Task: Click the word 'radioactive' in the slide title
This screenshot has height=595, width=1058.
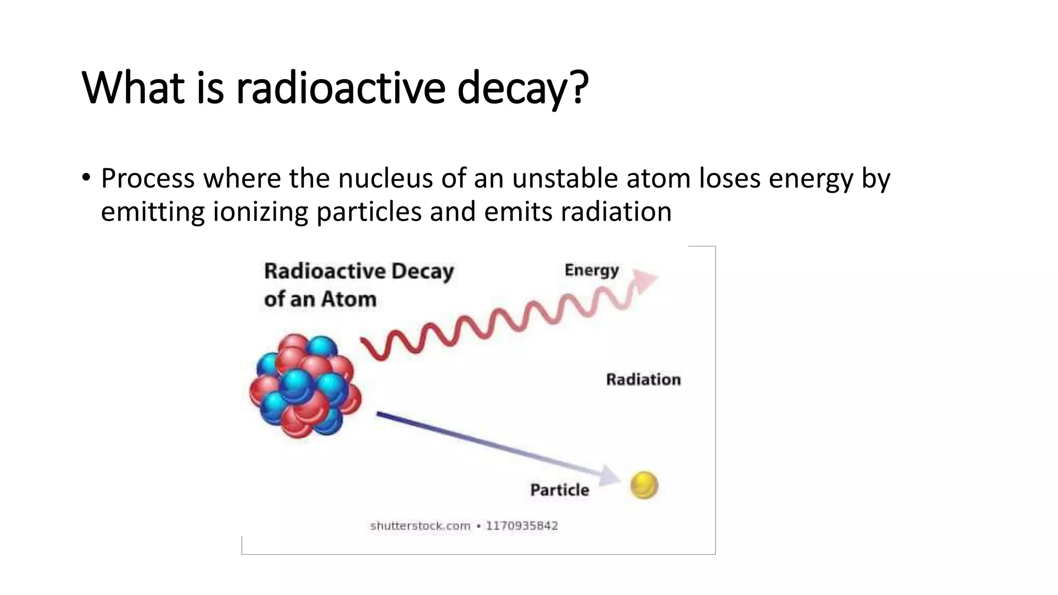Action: (x=340, y=88)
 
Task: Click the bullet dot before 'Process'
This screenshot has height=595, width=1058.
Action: (x=86, y=178)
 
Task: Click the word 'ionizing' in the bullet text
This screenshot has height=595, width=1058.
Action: (x=260, y=212)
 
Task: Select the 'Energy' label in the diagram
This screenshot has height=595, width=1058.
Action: (x=592, y=270)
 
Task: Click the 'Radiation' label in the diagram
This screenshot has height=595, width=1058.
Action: (x=643, y=380)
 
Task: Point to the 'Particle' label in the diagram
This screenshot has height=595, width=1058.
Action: (x=559, y=490)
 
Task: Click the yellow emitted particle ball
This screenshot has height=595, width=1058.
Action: (x=644, y=486)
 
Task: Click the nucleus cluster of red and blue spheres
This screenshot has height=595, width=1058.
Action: (x=305, y=385)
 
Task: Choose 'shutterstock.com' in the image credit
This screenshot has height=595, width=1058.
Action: (x=420, y=526)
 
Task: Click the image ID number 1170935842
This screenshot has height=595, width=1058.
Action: (x=522, y=526)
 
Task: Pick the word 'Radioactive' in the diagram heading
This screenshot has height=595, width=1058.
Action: (x=324, y=271)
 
